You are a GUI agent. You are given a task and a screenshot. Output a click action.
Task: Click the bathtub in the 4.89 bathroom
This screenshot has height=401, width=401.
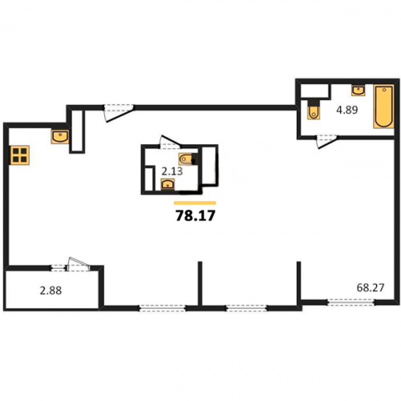pyautogui.click(x=383, y=107)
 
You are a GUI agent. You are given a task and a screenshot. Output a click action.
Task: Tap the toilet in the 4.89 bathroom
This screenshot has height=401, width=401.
pyautogui.click(x=314, y=110)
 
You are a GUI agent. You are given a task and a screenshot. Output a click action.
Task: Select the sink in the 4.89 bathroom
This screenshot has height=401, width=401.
pyautogui.click(x=358, y=90)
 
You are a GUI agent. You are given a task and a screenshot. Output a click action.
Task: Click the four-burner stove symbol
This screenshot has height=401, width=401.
pyautogui.click(x=19, y=156)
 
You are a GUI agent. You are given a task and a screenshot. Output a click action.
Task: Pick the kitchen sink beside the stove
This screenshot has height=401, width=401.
pyautogui.click(x=60, y=136)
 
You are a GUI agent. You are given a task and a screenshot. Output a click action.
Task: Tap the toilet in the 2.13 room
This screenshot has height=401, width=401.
pyautogui.click(x=187, y=159)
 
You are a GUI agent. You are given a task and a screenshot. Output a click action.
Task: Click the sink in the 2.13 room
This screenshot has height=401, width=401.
pyautogui.click(x=168, y=184)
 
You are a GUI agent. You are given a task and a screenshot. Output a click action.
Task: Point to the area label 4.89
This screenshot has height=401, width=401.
pyautogui.click(x=347, y=110)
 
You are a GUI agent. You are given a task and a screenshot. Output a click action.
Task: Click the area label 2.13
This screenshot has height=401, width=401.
pyautogui.click(x=172, y=171)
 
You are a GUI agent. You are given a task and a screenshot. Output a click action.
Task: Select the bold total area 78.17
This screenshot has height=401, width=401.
pyautogui.click(x=196, y=216)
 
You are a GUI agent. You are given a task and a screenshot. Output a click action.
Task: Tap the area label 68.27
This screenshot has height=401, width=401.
pyautogui.click(x=371, y=288)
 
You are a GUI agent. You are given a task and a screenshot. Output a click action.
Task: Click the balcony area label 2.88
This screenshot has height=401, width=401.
pyautogui.click(x=51, y=290)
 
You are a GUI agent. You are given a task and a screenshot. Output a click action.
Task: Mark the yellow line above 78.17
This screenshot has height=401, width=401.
pyautogui.click(x=195, y=203)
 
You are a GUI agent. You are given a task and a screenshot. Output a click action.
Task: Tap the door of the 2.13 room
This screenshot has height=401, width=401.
pyautogui.click(x=170, y=142)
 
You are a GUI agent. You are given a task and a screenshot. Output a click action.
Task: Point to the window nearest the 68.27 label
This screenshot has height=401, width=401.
pyautogui.click(x=350, y=302)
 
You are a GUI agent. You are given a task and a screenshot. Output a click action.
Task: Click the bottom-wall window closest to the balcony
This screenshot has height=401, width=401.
pyautogui.click(x=162, y=308)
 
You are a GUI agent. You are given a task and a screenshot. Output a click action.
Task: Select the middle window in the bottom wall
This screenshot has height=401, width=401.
pyautogui.click(x=247, y=308)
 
